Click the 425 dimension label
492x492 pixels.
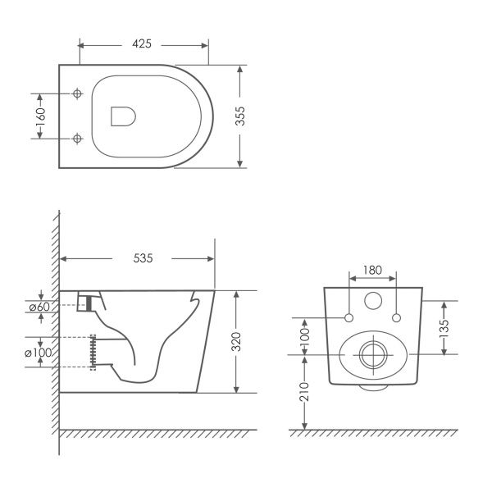142,44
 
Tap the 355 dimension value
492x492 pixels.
240,116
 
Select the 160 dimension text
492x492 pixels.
40,116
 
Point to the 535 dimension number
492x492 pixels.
143,258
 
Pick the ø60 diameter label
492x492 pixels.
39,307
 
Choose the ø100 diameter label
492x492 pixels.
38,353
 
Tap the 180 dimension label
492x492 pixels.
372,270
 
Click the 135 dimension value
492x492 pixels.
444,328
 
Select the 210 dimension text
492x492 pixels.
304,391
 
